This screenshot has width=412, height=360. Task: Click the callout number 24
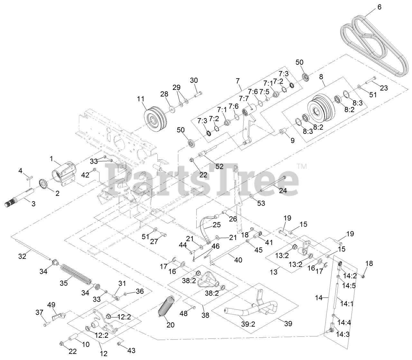[283, 191]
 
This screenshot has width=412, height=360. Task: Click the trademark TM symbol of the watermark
[301, 166]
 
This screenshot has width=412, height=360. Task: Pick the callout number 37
[39, 312]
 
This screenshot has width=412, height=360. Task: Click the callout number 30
[194, 80]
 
